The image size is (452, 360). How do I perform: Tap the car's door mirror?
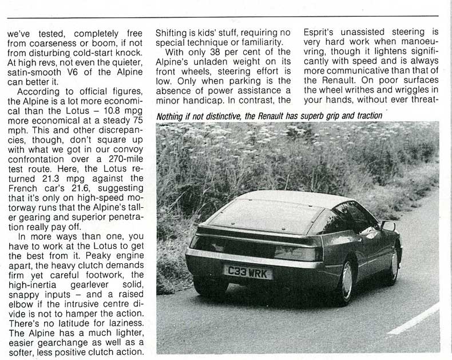coord(388,226)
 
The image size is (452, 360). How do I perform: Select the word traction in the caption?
coord(365,116)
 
